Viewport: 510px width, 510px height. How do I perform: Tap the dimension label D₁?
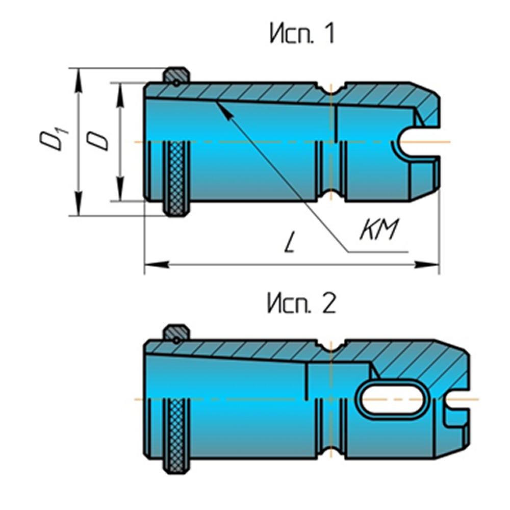click(52, 141)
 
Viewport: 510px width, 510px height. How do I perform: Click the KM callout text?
click(378, 231)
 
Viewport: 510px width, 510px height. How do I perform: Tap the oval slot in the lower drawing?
click(393, 398)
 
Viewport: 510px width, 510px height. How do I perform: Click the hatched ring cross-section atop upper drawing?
click(176, 76)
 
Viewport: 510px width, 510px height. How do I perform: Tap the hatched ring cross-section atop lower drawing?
click(176, 333)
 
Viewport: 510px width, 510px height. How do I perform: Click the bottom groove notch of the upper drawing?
click(331, 197)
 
